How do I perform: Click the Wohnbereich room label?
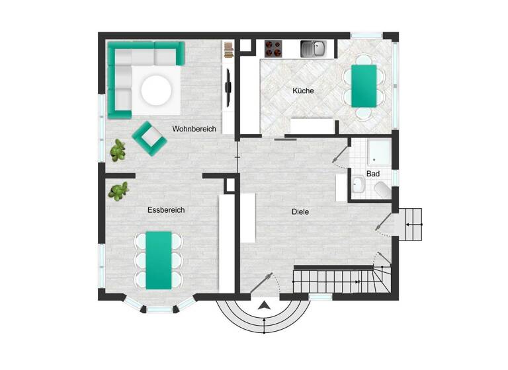(194, 129)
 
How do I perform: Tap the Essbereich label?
(165, 210)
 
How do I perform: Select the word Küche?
(303, 91)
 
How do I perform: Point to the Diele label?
(300, 212)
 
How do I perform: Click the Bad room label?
(372, 174)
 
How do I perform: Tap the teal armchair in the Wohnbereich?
(149, 137)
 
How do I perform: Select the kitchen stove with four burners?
(274, 48)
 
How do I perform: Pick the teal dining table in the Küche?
(363, 85)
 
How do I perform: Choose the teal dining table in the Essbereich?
(159, 259)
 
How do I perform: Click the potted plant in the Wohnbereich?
(118, 150)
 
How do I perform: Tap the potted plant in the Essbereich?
(118, 192)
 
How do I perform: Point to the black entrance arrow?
(265, 305)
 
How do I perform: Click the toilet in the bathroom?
(382, 190)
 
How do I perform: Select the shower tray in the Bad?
(380, 153)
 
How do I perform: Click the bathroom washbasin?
(358, 186)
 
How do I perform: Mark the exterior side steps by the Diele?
(410, 225)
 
